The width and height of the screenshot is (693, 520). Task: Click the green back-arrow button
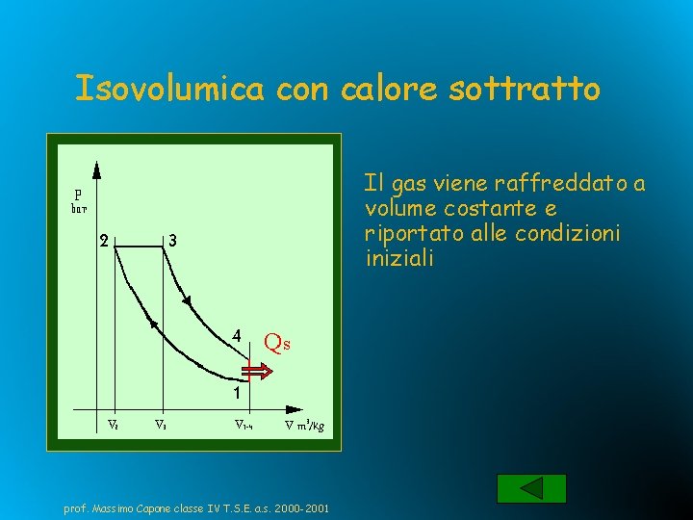tap(531, 488)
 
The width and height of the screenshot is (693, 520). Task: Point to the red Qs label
tap(276, 342)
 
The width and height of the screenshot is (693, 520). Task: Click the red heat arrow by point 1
tap(257, 372)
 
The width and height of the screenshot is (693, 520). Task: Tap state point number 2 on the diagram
tap(103, 241)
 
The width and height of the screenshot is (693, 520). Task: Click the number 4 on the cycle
tap(235, 336)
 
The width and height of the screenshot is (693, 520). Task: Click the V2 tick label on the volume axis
tap(113, 423)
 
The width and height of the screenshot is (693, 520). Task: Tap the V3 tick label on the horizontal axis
tap(163, 423)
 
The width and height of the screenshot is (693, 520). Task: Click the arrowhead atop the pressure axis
tap(97, 169)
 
